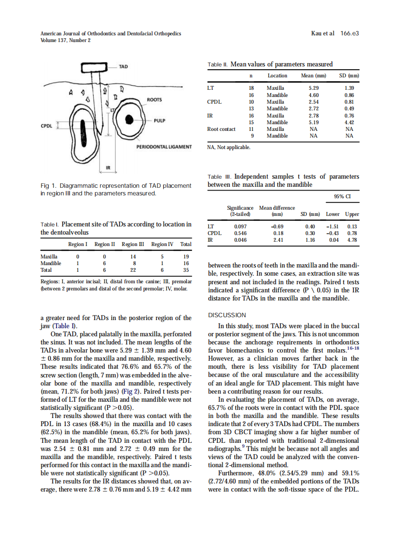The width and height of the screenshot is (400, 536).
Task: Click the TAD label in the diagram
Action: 123,66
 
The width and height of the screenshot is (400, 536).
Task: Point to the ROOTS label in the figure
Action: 154,100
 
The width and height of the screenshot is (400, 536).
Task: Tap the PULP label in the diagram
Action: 160,121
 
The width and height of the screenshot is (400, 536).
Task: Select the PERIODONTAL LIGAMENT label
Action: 164,147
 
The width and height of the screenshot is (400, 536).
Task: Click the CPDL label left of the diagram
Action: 47,126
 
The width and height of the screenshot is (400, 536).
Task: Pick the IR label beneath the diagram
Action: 108,168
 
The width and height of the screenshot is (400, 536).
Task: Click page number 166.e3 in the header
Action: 349,33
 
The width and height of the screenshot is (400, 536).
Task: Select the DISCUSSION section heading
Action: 227,315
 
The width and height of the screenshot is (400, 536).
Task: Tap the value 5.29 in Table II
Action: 314,88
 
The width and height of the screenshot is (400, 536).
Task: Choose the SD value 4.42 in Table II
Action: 349,122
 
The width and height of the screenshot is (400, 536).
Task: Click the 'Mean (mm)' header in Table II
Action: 314,75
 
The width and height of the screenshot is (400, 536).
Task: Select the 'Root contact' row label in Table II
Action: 221,129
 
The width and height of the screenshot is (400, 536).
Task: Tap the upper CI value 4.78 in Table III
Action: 352,240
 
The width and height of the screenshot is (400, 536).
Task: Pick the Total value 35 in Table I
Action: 186,269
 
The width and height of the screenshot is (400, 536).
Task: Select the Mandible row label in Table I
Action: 51,263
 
